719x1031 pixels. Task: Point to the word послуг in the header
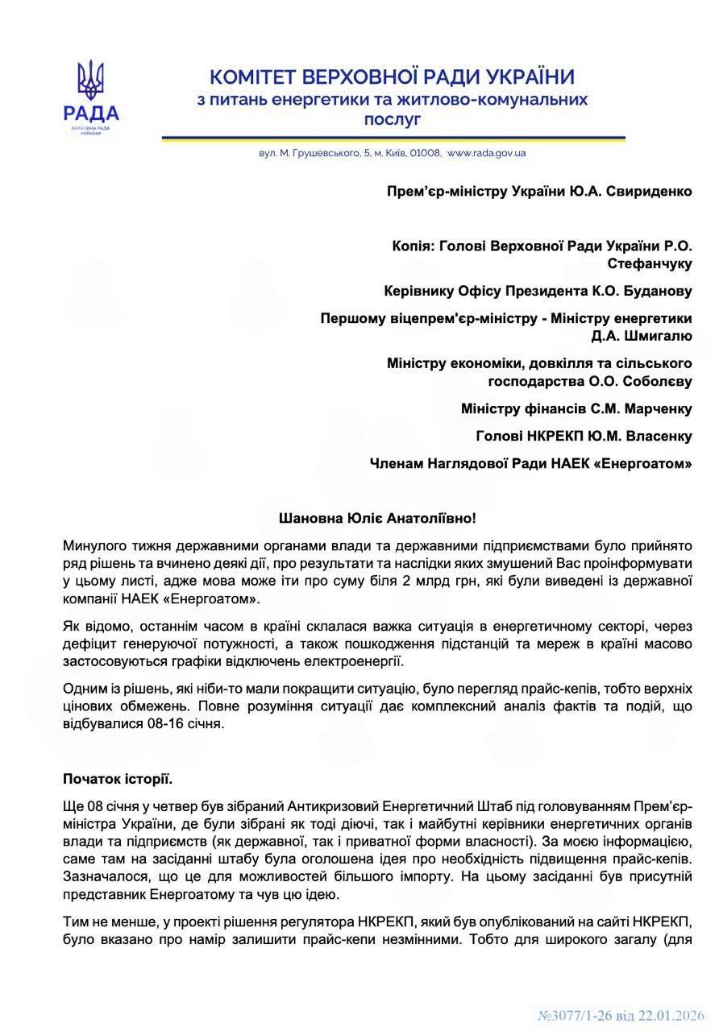(393, 119)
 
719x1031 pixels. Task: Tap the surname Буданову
(655, 291)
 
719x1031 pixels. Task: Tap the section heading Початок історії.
(118, 779)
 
